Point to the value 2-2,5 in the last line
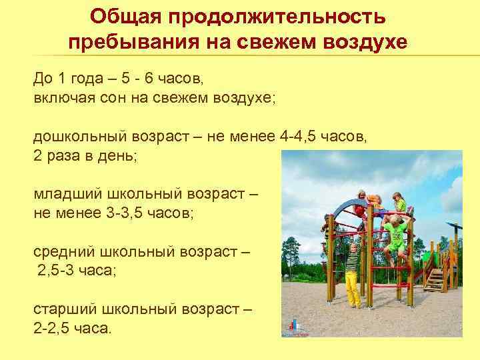click(55, 329)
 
